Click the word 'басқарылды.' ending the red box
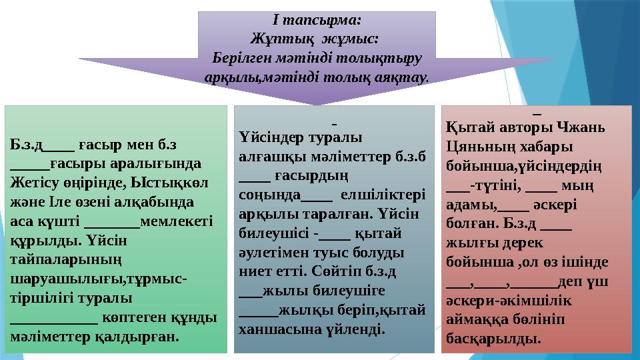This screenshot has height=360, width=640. pyautogui.click(x=492, y=339)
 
